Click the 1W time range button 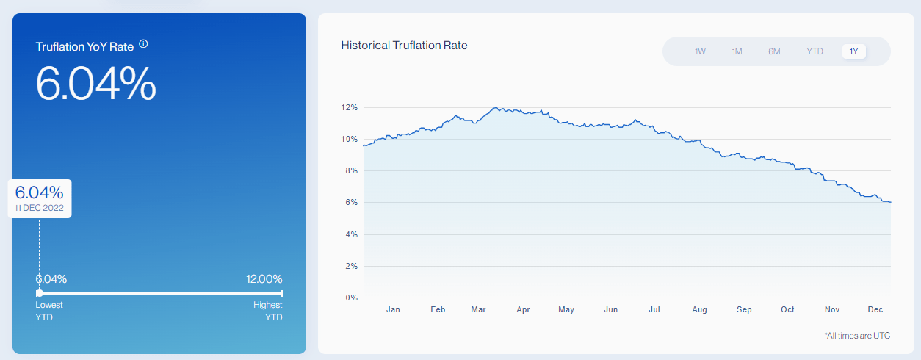(700, 51)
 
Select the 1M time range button (737, 51)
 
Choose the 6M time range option (774, 51)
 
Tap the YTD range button (815, 51)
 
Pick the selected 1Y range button (853, 51)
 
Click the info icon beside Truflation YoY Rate (143, 44)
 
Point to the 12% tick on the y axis (349, 107)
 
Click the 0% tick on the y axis (350, 298)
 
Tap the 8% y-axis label (350, 171)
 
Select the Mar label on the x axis (478, 310)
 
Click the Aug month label (699, 310)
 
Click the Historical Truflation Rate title (404, 46)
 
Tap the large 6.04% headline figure (96, 84)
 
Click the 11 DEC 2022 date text (40, 208)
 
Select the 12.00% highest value (264, 279)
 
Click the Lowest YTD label (49, 311)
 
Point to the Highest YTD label (267, 311)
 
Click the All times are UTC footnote (857, 336)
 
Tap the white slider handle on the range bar (40, 293)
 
